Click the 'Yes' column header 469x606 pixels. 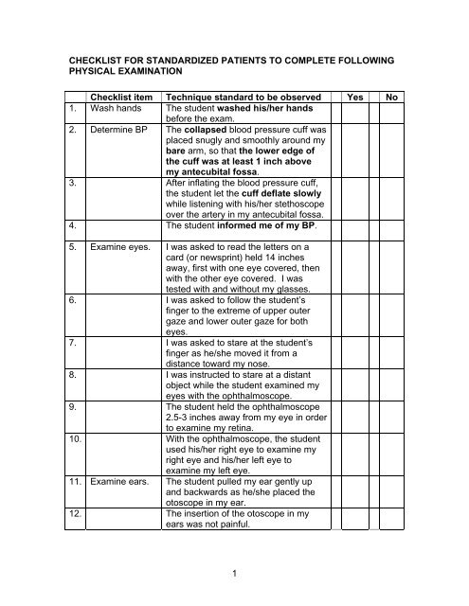click(357, 97)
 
